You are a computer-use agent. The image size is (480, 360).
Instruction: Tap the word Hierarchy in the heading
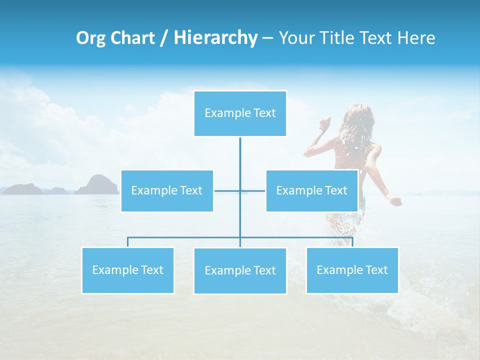click(215, 38)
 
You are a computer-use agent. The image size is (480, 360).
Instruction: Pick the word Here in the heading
click(416, 38)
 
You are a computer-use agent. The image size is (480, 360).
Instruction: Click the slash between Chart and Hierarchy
click(163, 38)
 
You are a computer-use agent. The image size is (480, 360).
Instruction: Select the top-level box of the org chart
click(240, 113)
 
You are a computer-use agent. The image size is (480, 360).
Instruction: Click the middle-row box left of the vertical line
click(167, 190)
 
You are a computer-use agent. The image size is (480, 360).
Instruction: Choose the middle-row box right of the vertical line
click(311, 190)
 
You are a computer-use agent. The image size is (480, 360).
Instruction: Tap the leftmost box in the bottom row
click(127, 270)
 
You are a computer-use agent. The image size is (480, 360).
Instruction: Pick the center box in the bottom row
click(240, 270)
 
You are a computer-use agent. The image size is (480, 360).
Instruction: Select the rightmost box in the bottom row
click(352, 270)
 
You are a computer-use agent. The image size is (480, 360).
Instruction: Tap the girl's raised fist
click(325, 122)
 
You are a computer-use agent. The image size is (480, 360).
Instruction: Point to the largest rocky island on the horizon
click(97, 185)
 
